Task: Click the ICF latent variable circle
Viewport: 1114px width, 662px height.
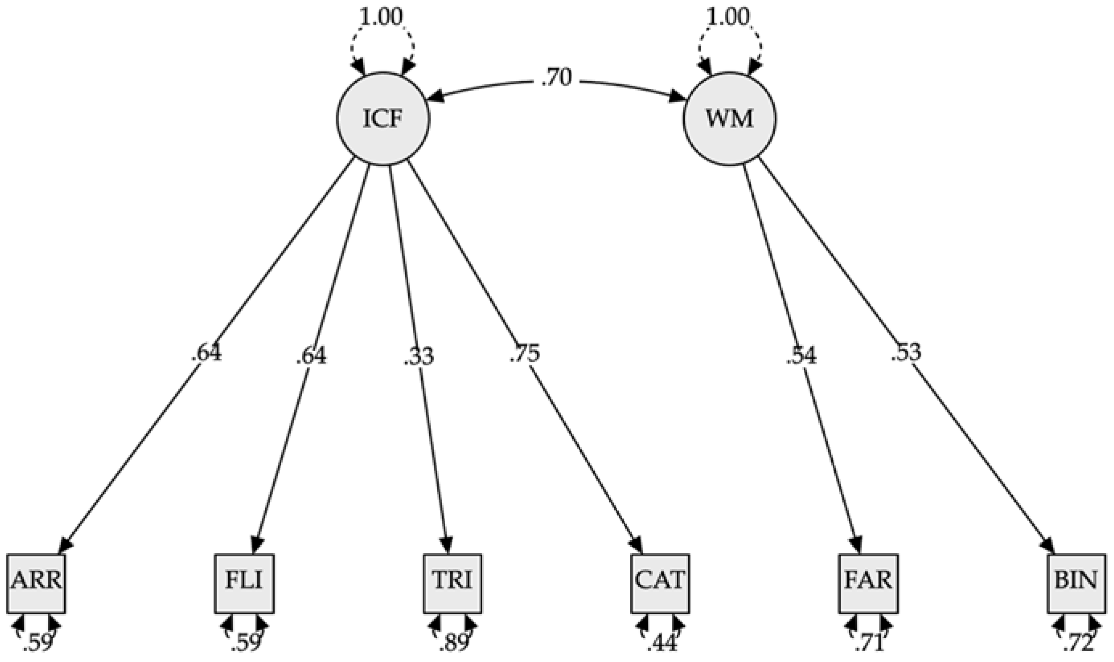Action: coord(383,119)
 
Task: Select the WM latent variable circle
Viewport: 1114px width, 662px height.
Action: coord(729,119)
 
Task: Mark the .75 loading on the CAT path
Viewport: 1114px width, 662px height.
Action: coord(525,354)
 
